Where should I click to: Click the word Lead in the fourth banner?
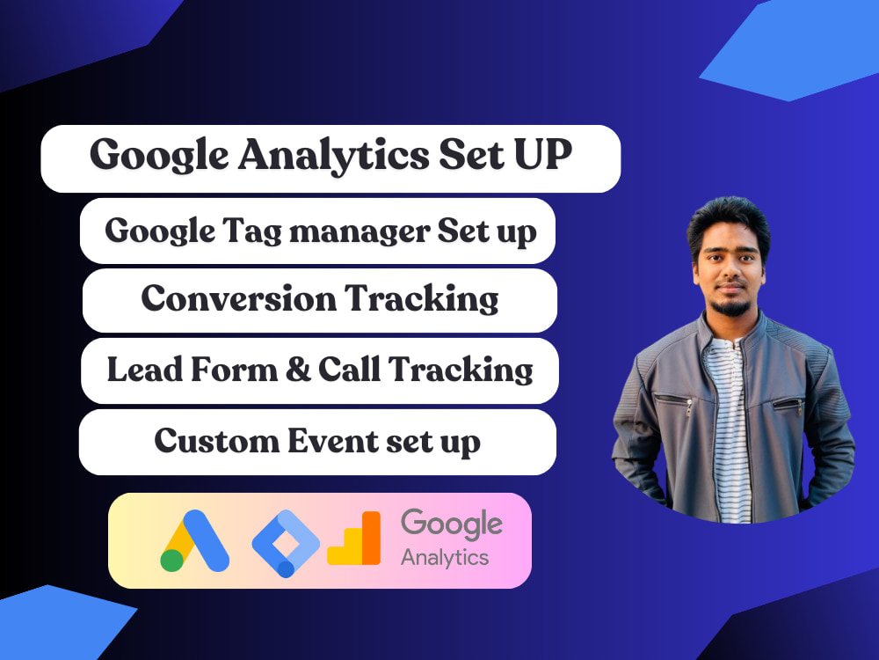tap(139, 369)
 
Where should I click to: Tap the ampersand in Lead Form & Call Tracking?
tap(292, 369)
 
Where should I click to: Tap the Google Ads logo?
tap(194, 539)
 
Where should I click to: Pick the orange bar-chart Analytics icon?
tap(354, 539)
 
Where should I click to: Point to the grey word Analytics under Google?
tap(445, 558)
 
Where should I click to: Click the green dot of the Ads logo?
tap(172, 560)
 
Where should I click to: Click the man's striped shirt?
tap(729, 414)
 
